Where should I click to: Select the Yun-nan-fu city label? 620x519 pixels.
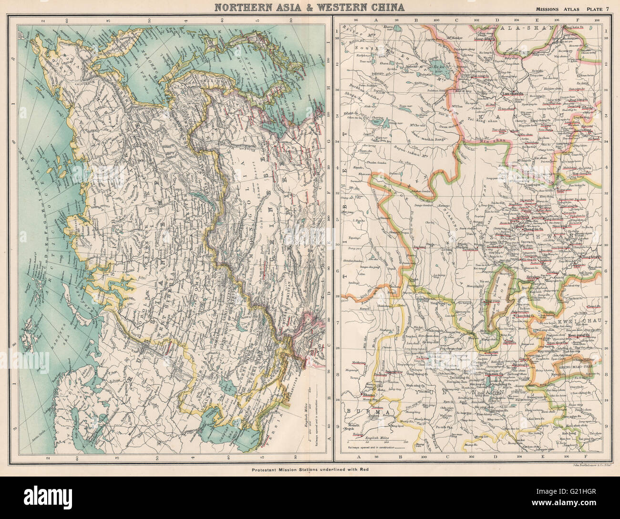(x=495, y=375)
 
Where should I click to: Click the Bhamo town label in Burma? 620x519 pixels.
(x=366, y=395)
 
